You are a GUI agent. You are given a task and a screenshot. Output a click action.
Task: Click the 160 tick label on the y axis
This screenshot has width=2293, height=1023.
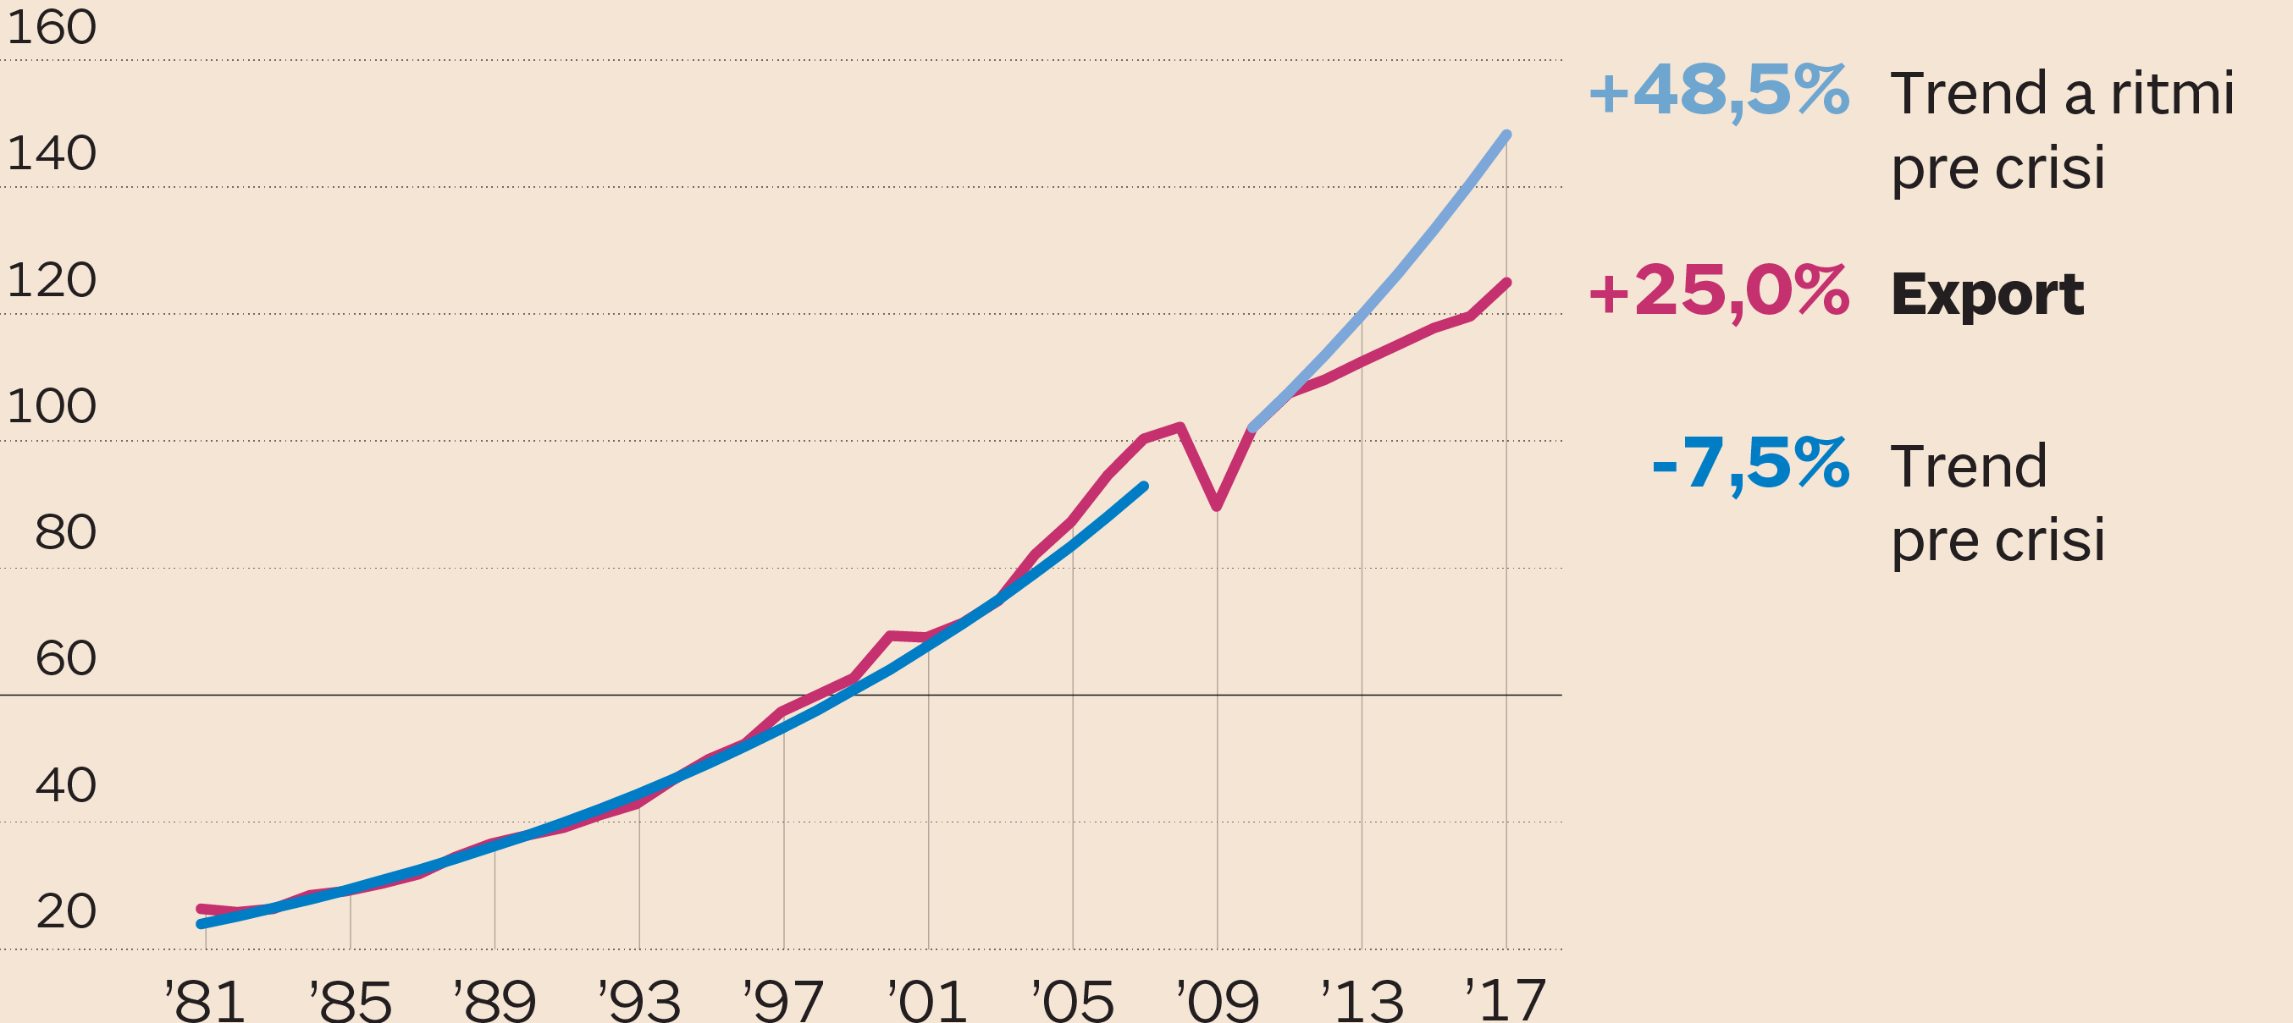click(51, 28)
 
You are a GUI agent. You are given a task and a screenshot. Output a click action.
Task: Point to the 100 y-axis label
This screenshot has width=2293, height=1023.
click(51, 406)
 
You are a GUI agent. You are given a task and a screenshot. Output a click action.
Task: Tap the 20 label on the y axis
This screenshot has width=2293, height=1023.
click(65, 912)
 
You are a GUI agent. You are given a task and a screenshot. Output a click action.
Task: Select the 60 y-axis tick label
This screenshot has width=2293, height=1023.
click(65, 659)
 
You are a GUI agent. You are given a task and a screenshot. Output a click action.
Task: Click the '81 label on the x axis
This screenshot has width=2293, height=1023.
click(205, 1000)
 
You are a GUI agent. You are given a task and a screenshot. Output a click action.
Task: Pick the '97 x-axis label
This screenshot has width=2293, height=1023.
click(783, 1000)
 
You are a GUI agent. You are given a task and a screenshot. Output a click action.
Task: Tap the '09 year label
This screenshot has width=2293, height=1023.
click(1217, 1000)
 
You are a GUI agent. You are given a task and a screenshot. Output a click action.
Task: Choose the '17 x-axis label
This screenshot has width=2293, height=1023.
click(1506, 1000)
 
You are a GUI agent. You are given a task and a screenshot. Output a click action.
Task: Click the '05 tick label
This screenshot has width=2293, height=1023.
click(1073, 1000)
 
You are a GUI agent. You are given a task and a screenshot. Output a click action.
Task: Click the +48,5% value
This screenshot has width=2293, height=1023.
click(1719, 91)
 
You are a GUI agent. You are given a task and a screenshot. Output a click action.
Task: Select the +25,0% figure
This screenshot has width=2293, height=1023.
click(1719, 292)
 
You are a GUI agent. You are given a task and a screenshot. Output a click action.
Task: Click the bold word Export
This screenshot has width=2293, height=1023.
click(1986, 294)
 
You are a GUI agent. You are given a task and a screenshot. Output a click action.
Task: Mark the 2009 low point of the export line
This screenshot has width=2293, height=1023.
click(1217, 506)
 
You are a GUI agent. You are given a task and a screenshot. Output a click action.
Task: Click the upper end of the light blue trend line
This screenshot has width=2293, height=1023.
click(1506, 135)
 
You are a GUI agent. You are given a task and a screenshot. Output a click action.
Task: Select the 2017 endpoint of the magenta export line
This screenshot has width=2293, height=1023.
click(1506, 283)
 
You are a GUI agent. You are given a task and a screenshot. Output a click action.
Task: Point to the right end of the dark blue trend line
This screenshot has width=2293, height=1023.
click(1144, 487)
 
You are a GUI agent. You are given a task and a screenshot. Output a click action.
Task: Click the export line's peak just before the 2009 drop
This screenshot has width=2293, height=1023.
click(1180, 427)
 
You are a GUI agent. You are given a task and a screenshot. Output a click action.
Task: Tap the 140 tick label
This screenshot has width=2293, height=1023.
click(51, 154)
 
